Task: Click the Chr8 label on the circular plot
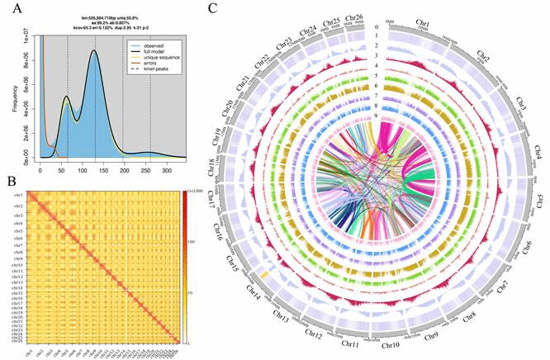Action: click(471, 313)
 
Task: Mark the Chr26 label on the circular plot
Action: click(358, 17)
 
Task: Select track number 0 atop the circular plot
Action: click(377, 26)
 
